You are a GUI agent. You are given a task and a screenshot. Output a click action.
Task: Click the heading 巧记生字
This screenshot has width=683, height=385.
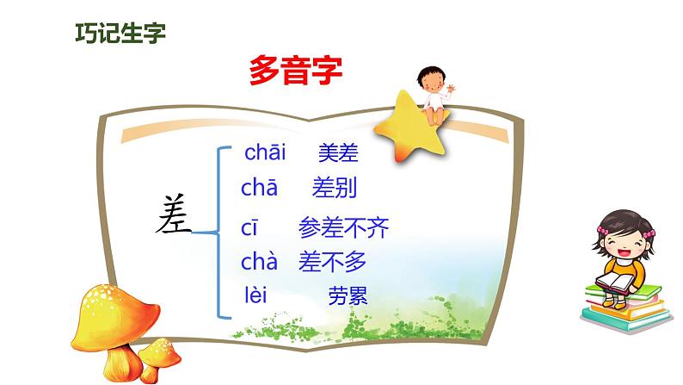120,33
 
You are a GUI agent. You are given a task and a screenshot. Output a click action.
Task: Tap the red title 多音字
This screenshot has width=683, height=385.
296,71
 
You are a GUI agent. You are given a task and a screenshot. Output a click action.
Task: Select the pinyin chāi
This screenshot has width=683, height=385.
265,152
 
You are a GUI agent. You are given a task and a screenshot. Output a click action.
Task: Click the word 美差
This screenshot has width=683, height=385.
338,152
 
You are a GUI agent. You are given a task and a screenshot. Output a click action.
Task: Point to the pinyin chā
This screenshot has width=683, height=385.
259,188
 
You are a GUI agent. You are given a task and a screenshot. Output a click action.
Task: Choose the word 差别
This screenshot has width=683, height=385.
335,188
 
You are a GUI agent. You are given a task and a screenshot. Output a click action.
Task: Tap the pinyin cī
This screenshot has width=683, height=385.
249,228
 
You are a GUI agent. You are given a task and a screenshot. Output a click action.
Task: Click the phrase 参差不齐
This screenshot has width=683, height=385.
344,227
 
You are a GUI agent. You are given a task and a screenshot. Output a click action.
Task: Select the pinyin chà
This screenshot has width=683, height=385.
259,261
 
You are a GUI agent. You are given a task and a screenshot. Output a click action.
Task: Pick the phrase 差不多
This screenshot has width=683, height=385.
332,262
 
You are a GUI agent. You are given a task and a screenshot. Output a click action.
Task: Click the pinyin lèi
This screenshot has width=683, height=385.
255,295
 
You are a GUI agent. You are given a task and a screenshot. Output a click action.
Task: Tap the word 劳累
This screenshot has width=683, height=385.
348,295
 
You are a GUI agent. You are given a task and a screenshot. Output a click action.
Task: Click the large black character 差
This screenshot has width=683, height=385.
174,214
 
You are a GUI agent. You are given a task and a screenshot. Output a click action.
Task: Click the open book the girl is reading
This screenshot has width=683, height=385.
615,283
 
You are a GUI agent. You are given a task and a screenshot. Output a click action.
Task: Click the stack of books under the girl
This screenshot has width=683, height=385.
626,308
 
